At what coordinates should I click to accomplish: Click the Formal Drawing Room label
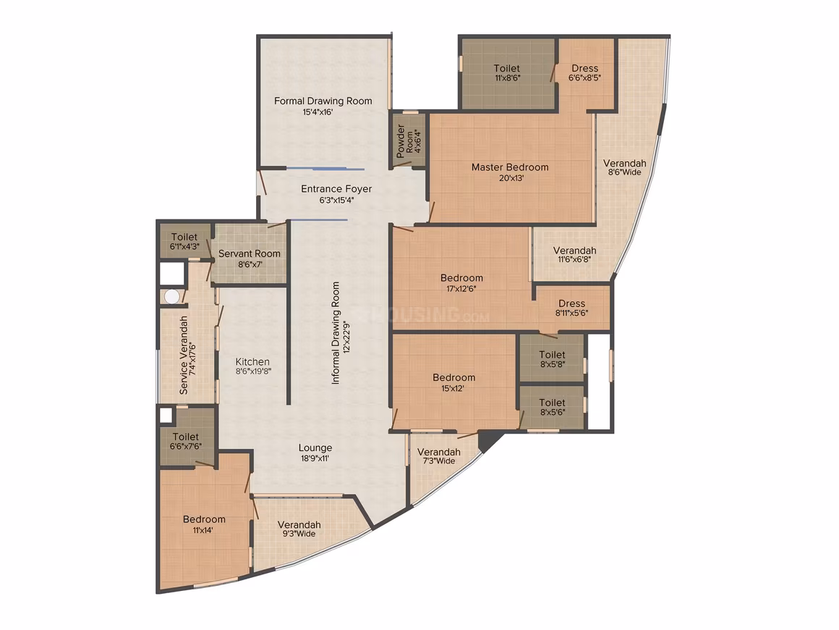[323, 101]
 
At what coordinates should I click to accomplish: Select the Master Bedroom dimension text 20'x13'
[511, 178]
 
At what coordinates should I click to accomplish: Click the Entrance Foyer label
[336, 188]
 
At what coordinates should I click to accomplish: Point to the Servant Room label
[250, 253]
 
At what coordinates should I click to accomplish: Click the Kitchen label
[252, 361]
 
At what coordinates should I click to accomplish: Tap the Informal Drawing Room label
[336, 332]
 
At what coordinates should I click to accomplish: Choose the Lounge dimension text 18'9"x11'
[315, 458]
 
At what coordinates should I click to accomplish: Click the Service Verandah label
[184, 355]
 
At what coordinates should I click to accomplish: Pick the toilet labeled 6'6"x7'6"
[187, 436]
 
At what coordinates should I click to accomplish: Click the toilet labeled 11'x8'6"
[507, 73]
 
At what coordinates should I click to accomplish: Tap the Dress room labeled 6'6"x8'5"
[585, 73]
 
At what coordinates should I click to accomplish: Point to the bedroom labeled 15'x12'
[453, 382]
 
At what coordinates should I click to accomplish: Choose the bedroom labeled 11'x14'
[205, 524]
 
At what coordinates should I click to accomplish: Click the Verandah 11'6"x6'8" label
[575, 254]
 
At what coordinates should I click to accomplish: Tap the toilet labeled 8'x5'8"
[552, 358]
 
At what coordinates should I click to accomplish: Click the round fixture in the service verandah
[171, 297]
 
